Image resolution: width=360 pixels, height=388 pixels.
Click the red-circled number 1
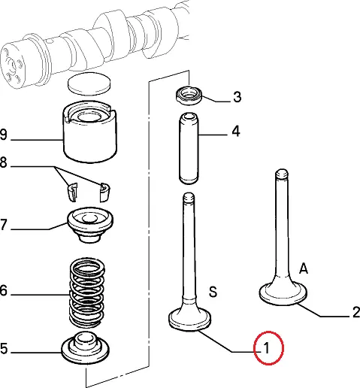pos(267,348)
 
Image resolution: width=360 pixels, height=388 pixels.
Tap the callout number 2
pos(355,313)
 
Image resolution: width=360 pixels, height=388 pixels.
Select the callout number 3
pos(237,97)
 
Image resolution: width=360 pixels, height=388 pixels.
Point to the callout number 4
pos(236,131)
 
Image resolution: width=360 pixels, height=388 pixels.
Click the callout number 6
pos(3,291)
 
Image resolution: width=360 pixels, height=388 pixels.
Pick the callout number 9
pos(3,135)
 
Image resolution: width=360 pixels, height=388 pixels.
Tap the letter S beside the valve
pos(213,292)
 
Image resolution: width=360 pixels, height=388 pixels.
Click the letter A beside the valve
pos(304,268)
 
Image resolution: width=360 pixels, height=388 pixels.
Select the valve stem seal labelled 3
pos(189,95)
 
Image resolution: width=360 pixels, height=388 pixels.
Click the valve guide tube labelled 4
pos(189,148)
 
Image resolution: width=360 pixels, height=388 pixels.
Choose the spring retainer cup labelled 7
pos(90,224)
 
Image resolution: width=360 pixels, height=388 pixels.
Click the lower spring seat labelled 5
pos(85,347)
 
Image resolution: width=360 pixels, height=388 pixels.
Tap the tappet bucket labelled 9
pos(89,132)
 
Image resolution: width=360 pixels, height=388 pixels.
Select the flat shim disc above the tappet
pos(89,84)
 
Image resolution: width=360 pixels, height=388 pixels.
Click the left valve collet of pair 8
pos(72,192)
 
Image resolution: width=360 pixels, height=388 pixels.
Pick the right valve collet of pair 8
pos(104,192)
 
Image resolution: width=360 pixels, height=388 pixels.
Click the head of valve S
pos(189,319)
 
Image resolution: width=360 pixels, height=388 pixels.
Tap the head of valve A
pos(283,293)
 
